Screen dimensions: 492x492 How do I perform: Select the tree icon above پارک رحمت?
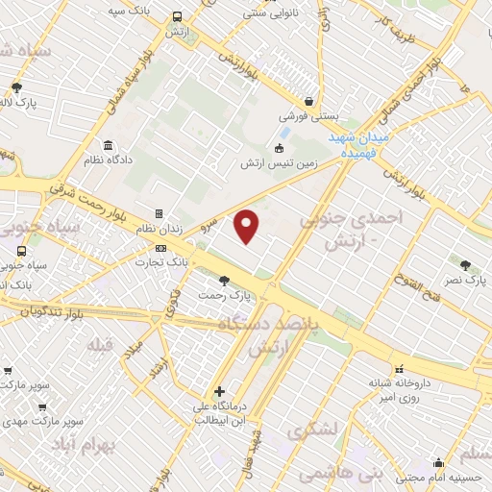[224, 281]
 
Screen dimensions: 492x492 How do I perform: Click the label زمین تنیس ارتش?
[279, 163]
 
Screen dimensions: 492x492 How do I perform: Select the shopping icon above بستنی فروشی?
[307, 101]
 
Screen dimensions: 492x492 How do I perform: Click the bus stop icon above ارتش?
[177, 17]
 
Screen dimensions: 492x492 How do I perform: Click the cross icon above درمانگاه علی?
[220, 391]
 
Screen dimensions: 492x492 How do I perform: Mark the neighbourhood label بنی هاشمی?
[339, 472]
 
